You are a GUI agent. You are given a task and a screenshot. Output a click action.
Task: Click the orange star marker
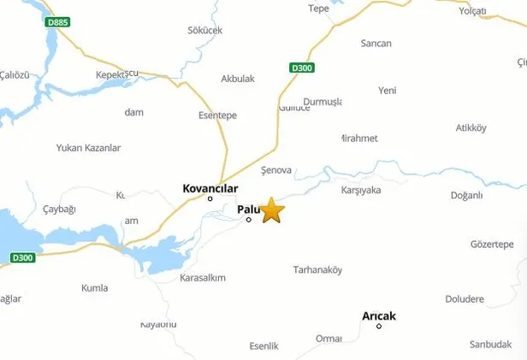(x=272, y=210)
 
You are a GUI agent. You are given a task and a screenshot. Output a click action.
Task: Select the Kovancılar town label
(x=210, y=189)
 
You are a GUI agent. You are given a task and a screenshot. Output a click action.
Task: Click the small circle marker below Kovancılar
(x=210, y=199)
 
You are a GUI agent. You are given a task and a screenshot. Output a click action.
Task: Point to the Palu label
(x=246, y=209)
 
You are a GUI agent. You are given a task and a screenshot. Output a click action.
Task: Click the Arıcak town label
(x=379, y=316)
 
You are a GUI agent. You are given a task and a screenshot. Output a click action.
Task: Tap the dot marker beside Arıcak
(x=379, y=327)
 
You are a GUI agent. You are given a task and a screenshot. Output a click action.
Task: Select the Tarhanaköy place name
(x=317, y=269)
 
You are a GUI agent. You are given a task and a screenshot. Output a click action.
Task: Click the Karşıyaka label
(x=360, y=190)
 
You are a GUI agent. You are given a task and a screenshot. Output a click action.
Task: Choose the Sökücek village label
(x=204, y=31)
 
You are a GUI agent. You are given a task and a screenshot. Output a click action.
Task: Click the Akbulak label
(x=238, y=79)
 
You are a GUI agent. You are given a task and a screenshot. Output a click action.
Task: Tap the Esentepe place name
(x=217, y=115)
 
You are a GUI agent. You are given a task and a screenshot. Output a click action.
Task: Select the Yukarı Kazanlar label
(x=89, y=148)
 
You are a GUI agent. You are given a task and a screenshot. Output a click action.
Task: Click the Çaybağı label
(x=59, y=210)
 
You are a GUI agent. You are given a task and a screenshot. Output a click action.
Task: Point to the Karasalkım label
(x=203, y=278)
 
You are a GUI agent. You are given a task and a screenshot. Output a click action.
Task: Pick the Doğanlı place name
(x=467, y=195)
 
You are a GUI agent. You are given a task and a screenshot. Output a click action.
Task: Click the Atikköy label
(x=471, y=128)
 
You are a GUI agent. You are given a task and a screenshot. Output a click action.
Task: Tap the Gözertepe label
(x=492, y=245)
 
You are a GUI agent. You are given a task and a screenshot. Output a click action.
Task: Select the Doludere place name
(x=465, y=299)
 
